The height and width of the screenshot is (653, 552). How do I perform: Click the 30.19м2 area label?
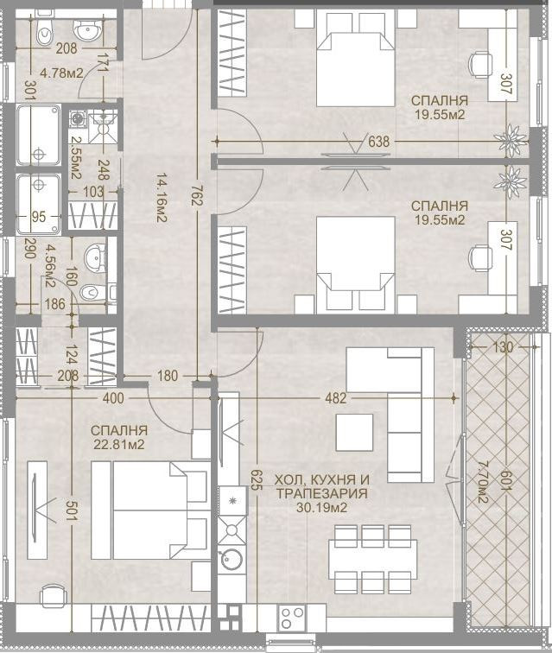[x=322, y=508]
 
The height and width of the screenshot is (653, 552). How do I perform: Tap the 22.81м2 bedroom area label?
[x=119, y=445]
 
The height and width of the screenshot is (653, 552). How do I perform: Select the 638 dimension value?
[x=378, y=142]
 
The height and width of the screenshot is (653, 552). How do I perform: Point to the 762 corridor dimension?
[x=196, y=196]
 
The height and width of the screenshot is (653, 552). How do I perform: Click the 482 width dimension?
[x=336, y=398]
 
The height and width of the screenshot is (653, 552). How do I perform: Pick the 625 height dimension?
[x=257, y=479]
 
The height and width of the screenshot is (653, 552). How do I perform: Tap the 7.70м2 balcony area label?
[x=483, y=481]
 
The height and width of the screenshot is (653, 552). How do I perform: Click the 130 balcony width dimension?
[x=503, y=346]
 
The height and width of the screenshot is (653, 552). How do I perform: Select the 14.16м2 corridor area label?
[x=162, y=198]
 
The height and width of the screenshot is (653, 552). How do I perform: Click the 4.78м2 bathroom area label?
[x=61, y=73]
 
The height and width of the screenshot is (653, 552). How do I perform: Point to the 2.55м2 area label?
[x=76, y=158]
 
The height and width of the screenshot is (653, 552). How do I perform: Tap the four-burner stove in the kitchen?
[x=292, y=618]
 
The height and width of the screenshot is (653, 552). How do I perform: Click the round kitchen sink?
[x=232, y=559]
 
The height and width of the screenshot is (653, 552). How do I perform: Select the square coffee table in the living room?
[x=354, y=432]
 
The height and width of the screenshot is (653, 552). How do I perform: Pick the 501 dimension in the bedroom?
[x=71, y=510]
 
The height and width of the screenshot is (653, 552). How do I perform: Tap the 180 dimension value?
[x=168, y=376]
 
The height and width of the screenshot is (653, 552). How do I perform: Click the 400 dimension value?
[x=113, y=398]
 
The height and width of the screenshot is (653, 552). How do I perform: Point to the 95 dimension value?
[x=39, y=217]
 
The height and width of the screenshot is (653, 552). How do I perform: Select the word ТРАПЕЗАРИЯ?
[x=322, y=494]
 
